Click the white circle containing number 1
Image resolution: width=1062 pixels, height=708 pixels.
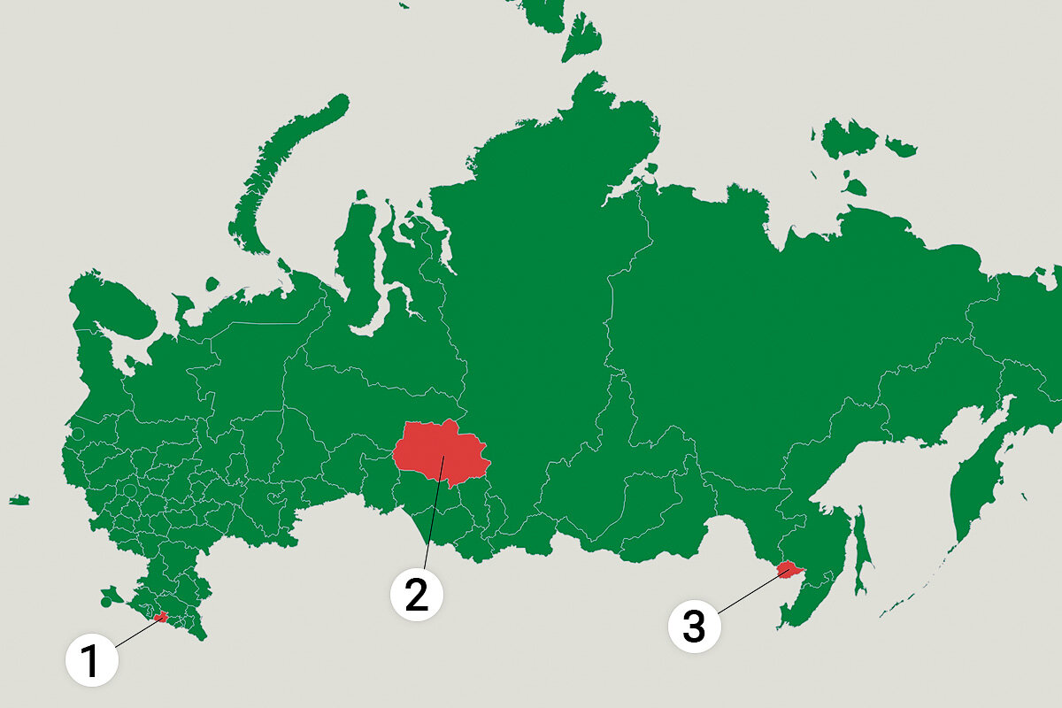click(x=91, y=661)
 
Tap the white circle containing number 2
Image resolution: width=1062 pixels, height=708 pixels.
click(x=417, y=594)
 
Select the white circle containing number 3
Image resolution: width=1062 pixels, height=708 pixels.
click(x=694, y=627)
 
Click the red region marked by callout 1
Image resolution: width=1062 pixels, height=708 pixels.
click(x=160, y=617)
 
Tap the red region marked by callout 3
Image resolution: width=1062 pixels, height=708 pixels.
click(x=785, y=568)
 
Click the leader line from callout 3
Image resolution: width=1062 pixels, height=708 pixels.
click(x=749, y=592)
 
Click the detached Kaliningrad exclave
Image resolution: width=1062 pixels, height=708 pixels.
click(x=19, y=500)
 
